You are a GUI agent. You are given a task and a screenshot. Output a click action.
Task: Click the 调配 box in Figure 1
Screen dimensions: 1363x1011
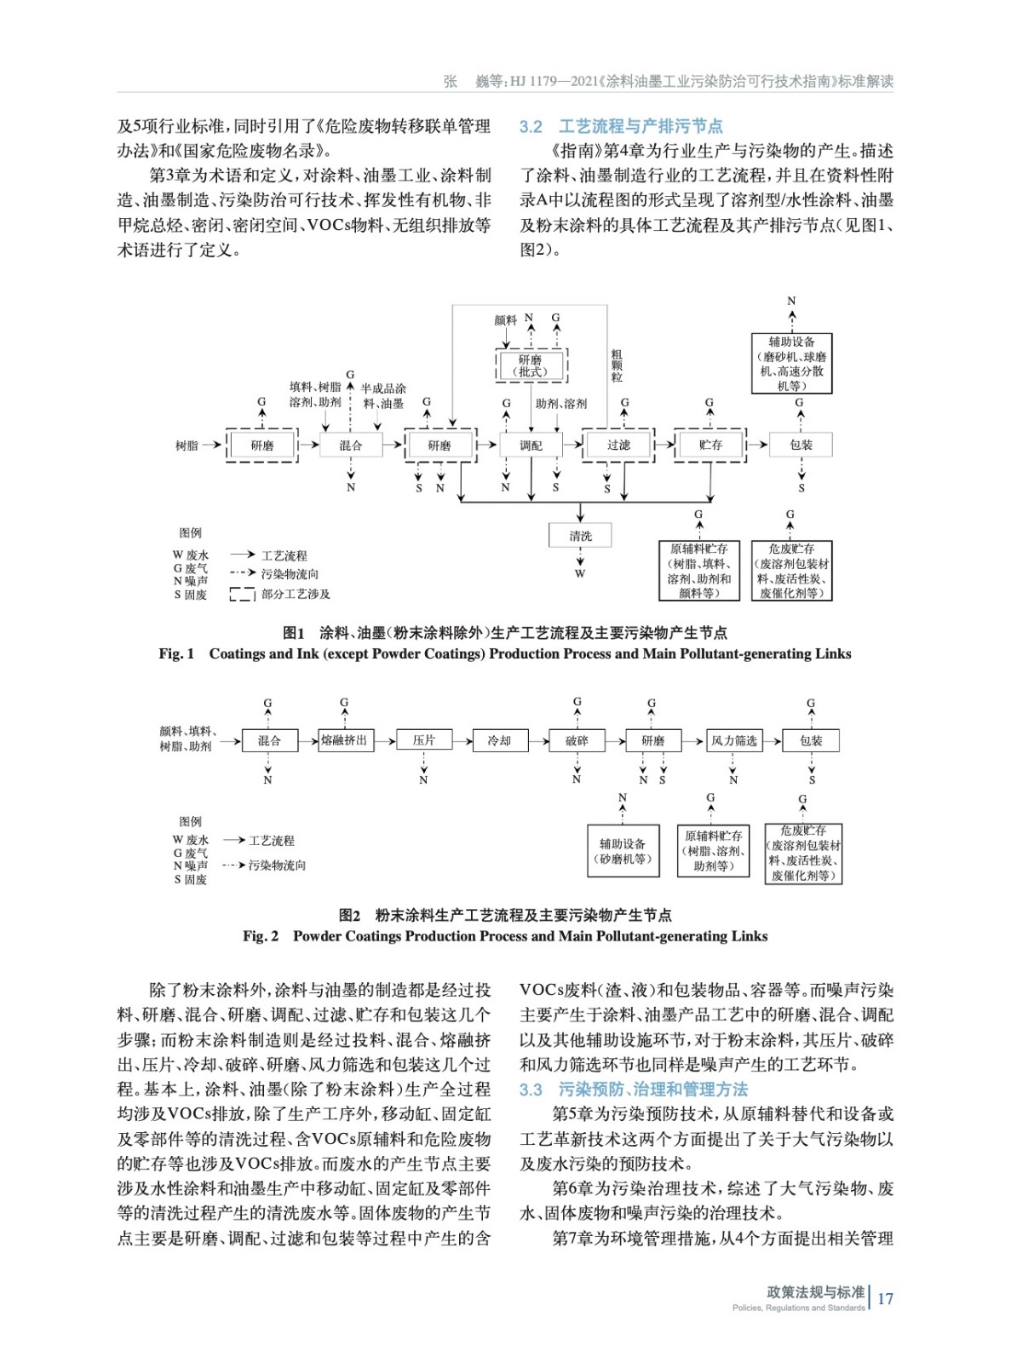point(531,445)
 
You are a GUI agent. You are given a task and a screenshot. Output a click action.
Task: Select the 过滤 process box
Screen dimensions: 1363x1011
point(618,445)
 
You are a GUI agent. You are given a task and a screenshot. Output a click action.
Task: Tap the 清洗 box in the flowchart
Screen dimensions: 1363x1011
point(580,536)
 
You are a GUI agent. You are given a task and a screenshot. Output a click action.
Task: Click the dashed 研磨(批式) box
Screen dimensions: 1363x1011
point(531,365)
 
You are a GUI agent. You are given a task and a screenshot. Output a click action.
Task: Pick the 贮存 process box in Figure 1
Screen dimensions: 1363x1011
point(709,445)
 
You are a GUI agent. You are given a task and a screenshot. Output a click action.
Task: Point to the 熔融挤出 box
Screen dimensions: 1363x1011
point(344,740)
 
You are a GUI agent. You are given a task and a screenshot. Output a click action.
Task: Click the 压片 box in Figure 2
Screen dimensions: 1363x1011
point(423,740)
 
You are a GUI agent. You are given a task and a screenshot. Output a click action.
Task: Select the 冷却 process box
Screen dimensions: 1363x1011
point(499,741)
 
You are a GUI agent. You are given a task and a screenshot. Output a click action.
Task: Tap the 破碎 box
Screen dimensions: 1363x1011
point(577,741)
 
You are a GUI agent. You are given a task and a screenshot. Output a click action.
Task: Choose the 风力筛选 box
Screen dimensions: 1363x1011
point(733,741)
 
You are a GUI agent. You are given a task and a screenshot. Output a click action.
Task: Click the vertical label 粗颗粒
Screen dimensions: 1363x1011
point(617,365)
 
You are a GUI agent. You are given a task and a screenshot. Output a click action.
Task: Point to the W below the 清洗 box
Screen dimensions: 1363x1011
point(580,573)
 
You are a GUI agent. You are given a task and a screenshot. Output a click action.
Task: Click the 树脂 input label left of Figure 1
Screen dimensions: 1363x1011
point(187,446)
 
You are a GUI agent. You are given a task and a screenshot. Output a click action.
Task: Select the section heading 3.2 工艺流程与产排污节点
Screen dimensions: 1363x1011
point(621,126)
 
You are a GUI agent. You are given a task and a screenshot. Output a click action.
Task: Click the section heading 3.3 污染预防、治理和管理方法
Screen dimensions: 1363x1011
point(634,1089)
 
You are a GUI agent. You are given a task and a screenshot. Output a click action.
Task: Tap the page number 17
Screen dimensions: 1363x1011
point(885,1298)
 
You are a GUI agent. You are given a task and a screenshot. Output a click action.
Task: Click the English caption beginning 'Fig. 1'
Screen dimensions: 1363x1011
point(504,653)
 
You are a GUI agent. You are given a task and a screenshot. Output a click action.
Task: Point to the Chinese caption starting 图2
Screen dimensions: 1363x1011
point(505,915)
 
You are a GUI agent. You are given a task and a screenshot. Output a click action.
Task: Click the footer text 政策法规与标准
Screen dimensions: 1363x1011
point(815,1292)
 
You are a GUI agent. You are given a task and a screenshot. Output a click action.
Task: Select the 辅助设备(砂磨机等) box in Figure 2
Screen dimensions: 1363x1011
point(623,850)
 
